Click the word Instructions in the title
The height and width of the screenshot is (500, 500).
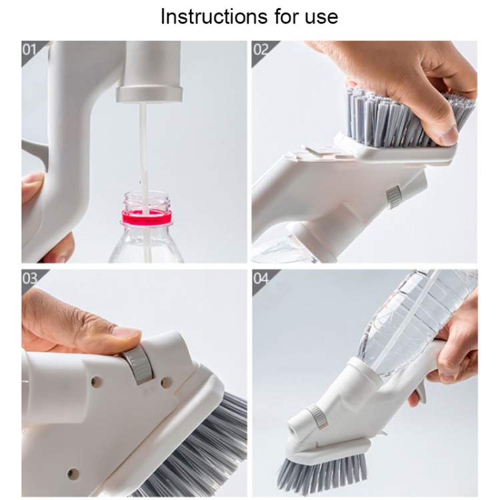pos(213,17)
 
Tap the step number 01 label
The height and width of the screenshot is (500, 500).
pos(29,50)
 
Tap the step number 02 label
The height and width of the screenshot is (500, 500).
pos(261,50)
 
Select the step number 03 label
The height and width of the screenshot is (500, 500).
pos(29,279)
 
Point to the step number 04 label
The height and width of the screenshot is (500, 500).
pos(261,279)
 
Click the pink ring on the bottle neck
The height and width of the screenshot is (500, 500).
pos(147,218)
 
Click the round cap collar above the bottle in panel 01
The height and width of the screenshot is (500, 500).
pos(149,94)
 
